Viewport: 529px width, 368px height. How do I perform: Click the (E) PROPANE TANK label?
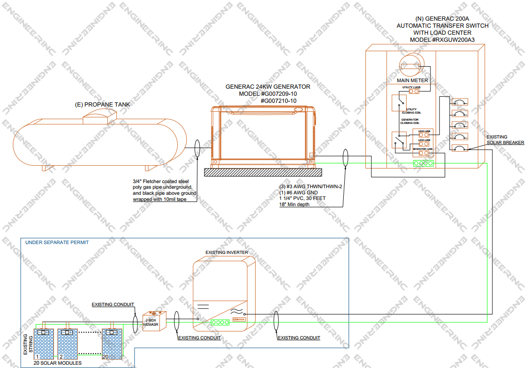103,104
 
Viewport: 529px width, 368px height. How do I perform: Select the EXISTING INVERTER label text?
227,253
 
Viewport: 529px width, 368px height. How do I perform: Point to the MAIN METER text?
412,81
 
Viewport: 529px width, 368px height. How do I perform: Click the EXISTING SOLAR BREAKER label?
505,139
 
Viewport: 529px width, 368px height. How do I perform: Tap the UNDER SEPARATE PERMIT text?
57,243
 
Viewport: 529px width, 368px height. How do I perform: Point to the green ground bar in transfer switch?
423,164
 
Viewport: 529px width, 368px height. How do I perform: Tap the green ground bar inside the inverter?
219,322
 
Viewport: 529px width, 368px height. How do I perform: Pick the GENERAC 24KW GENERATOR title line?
268,87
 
